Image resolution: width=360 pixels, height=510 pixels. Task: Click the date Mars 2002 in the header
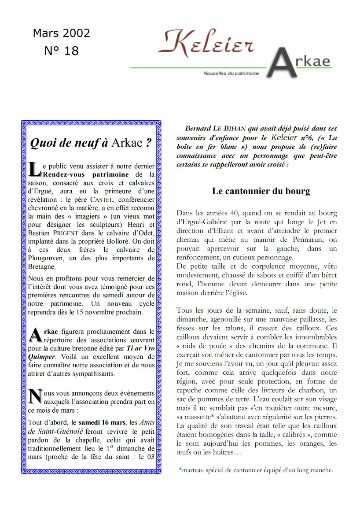[x=61, y=33]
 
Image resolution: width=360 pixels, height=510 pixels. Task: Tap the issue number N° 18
[x=61, y=51]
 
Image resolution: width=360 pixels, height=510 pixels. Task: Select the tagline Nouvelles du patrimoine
[x=231, y=73]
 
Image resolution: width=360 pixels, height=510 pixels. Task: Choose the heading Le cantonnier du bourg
[x=261, y=191]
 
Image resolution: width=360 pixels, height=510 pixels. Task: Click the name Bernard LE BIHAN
[x=215, y=129]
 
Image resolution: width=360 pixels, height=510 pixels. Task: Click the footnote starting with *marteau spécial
[x=256, y=470]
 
